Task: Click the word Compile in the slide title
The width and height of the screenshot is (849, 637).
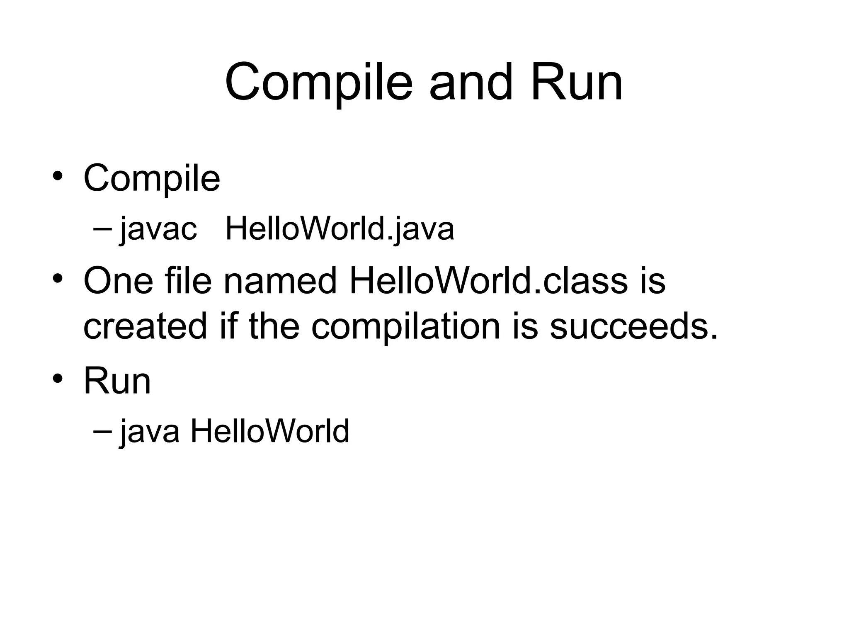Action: pos(318,83)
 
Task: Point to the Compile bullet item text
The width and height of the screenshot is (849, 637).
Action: pos(152,179)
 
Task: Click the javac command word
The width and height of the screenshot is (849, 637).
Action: pos(158,229)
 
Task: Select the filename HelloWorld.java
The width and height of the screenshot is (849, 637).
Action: pos(340,229)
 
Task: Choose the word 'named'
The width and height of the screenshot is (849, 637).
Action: pos(280,281)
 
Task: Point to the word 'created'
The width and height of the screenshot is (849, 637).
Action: pos(145,326)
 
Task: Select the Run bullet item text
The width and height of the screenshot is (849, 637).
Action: pos(117,381)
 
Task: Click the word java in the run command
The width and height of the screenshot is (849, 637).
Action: pos(150,431)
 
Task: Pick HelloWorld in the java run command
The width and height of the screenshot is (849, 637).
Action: pos(269,431)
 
